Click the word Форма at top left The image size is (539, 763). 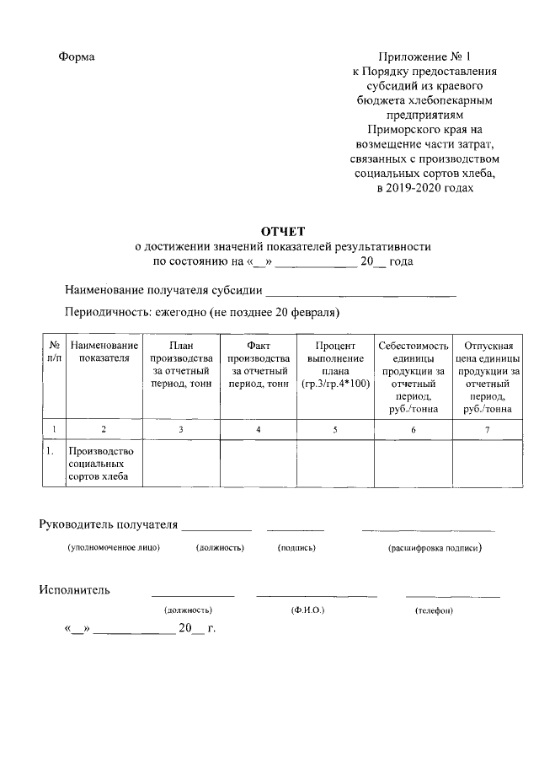[77, 56]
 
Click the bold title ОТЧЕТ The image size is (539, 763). [283, 231]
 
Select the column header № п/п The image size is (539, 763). [54, 352]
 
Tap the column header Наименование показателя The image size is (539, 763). [104, 352]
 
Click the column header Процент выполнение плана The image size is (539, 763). [334, 364]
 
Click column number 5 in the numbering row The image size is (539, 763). [334, 430]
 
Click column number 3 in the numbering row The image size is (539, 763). [181, 430]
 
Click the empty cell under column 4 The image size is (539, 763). [258, 465]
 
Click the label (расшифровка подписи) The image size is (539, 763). [434, 548]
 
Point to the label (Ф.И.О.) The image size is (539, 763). [307, 610]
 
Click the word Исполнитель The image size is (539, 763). [75, 589]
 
